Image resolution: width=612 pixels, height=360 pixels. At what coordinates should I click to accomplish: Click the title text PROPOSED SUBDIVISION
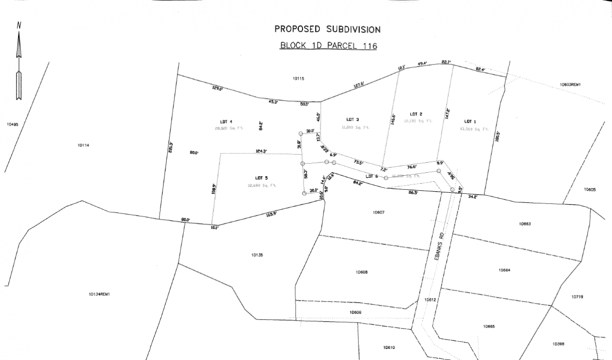(x=327, y=29)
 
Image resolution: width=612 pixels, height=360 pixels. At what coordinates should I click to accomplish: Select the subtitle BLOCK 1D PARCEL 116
(x=328, y=46)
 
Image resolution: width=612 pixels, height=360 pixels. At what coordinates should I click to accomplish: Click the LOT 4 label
(x=226, y=122)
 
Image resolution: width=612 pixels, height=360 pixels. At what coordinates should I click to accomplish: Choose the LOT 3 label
(x=352, y=119)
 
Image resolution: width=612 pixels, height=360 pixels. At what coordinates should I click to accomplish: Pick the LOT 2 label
(x=415, y=114)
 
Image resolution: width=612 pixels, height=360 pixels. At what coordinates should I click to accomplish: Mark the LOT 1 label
(x=470, y=121)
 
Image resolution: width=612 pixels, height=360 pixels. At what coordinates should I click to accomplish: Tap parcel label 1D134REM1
(x=99, y=294)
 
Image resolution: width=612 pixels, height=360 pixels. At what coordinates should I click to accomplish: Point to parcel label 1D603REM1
(x=570, y=85)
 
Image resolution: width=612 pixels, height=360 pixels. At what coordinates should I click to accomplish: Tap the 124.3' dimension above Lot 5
(x=260, y=151)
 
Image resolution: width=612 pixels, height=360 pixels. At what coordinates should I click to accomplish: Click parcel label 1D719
(x=577, y=297)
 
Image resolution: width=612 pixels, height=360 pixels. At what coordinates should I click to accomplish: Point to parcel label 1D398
(x=558, y=344)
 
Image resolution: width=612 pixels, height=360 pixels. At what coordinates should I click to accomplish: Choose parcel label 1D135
(x=257, y=255)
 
